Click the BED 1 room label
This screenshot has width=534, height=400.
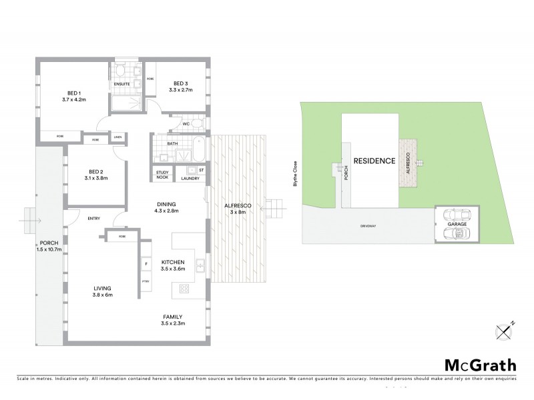[x=73, y=92]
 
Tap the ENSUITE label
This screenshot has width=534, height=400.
[x=121, y=84]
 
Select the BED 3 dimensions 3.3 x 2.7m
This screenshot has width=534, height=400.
[x=181, y=89]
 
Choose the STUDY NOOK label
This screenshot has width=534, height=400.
[x=163, y=175]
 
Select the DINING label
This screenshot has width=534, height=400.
[x=168, y=204]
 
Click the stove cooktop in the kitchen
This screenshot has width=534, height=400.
[x=184, y=288]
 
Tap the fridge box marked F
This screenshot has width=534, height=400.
[x=146, y=265]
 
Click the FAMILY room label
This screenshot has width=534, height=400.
[x=172, y=317]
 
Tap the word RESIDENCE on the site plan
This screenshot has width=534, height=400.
[x=374, y=161]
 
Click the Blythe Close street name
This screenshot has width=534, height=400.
[x=294, y=175]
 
